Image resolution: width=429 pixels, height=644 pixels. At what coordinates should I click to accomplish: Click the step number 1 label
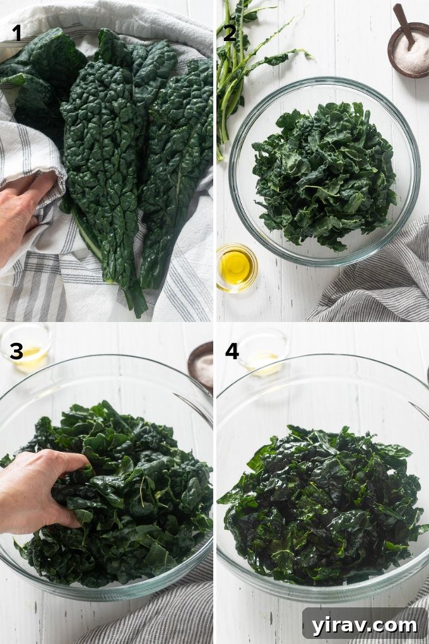[17, 32]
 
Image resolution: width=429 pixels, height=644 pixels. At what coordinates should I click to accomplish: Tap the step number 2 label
[230, 32]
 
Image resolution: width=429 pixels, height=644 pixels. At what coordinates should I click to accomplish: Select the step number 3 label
[16, 352]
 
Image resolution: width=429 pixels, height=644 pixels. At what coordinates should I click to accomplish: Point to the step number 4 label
[232, 351]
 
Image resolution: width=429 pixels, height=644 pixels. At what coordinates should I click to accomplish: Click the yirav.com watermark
[364, 625]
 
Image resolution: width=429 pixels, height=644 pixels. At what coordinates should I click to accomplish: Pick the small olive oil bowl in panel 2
[236, 268]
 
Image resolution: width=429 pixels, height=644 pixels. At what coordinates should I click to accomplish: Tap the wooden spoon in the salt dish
[402, 22]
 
